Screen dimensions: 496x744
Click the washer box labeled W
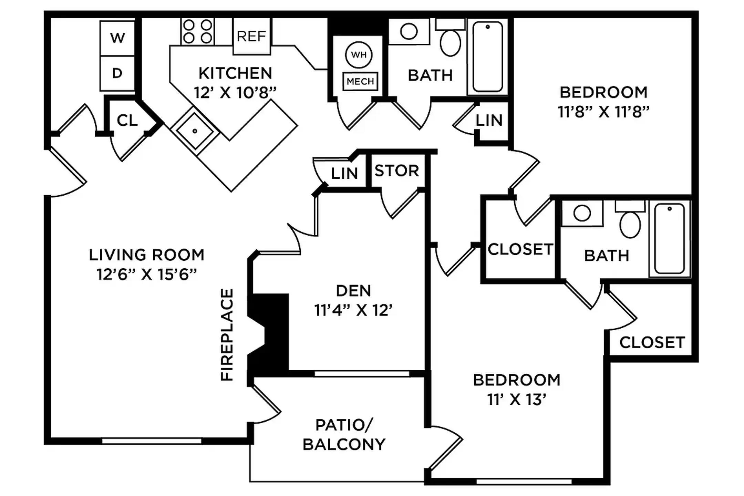(117, 38)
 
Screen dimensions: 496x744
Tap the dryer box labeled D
(117, 73)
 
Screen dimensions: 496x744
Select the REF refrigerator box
(251, 36)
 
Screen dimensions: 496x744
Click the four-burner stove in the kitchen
(197, 31)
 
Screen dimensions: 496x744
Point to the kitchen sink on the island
(195, 131)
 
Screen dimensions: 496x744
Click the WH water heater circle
(359, 55)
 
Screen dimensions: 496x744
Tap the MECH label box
(360, 81)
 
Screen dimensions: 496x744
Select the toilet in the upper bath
(451, 42)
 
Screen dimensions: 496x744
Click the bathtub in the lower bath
(669, 238)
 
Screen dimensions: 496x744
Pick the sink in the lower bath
(582, 213)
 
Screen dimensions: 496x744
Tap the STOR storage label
(397, 171)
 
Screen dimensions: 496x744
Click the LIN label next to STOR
(344, 174)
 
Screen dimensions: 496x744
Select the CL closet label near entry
(127, 121)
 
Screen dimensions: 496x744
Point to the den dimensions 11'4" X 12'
(353, 310)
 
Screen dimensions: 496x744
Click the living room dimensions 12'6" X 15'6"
(147, 275)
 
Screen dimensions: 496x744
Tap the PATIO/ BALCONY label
(344, 435)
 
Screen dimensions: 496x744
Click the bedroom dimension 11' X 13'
(517, 400)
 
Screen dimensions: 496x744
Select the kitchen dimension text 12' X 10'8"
(235, 93)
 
